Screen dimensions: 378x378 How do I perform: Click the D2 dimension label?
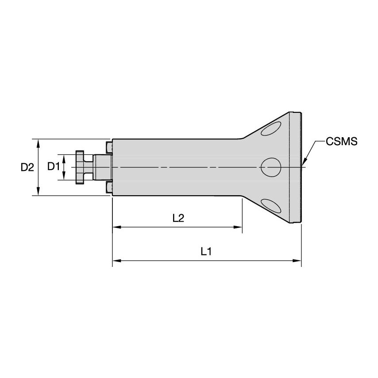coord(27,167)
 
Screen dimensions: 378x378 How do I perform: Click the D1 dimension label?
coord(53,166)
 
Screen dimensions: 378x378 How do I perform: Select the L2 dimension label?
coord(178,218)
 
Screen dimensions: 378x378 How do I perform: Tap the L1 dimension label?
coord(206,252)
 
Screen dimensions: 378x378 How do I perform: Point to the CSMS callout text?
coord(341,142)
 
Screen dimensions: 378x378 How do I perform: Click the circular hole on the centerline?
coord(271,167)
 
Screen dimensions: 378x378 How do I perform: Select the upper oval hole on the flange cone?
coord(271,129)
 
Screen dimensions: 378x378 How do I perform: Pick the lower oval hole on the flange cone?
coord(271,206)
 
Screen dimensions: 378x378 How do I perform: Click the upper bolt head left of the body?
coord(109,147)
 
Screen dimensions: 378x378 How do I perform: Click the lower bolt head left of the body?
coord(109,187)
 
